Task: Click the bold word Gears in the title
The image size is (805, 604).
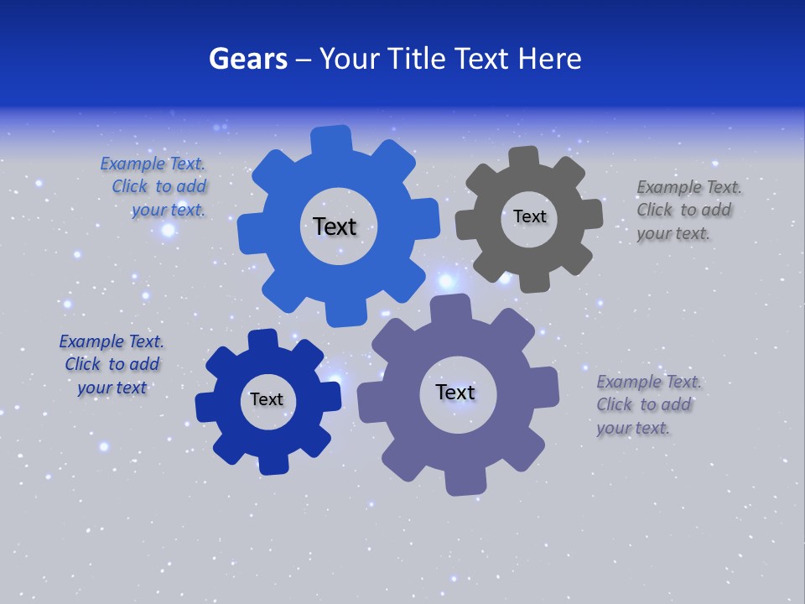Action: point(247,59)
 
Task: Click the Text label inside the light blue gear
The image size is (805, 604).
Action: point(335,226)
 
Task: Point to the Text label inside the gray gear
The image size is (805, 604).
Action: point(529,216)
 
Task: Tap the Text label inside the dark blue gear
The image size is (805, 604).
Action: point(267,399)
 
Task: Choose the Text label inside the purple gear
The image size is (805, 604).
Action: point(455,392)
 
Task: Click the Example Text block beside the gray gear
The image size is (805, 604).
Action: point(688,210)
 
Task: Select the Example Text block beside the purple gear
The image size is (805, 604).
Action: point(648,404)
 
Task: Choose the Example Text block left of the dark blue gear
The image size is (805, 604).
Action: point(112,364)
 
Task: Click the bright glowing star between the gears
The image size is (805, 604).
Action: point(446,280)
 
